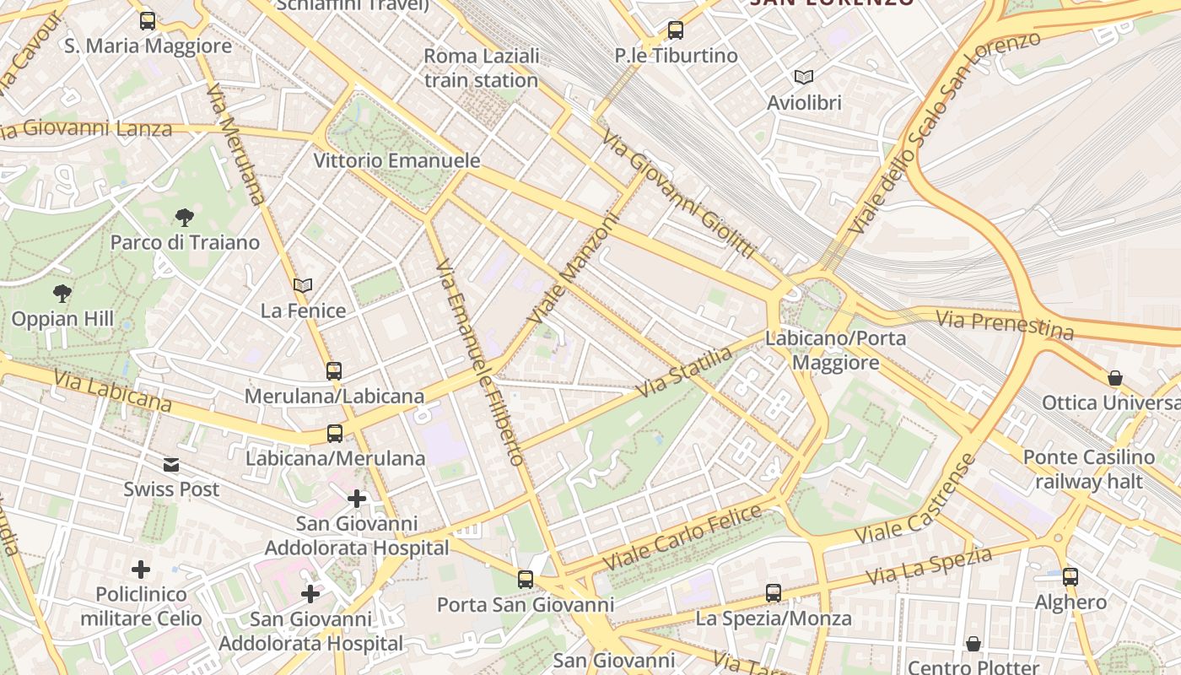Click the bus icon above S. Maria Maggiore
148,21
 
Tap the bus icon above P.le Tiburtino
676,30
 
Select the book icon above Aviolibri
804,78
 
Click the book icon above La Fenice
303,286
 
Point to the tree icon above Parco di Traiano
185,218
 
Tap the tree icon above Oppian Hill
62,294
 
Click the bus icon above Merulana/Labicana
334,370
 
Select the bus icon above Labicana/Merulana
335,434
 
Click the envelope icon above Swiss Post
171,465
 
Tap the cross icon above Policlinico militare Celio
141,570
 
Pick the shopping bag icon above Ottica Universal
1115,378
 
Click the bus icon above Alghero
1070,577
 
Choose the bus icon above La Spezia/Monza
774,593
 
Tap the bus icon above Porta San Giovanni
526,580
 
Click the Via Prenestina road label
1005,323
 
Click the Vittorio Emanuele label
396,160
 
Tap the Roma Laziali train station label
481,68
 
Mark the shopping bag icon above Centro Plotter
973,644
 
